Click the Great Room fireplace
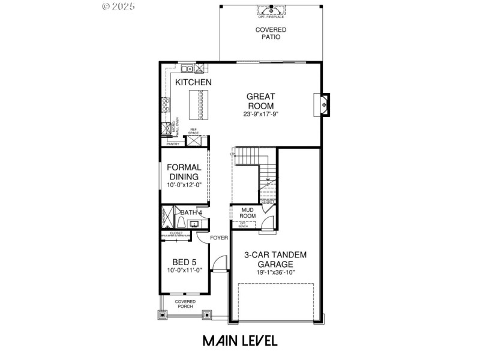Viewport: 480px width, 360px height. point(323,105)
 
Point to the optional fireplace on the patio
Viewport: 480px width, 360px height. point(271,11)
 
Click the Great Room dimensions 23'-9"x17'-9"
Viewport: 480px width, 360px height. point(261,114)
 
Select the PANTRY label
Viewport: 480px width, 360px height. point(173,144)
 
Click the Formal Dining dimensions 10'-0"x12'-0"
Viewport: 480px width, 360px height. point(184,185)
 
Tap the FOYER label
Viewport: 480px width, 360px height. point(219,238)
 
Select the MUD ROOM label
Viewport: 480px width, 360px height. point(248,213)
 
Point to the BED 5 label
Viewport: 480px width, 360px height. point(184,262)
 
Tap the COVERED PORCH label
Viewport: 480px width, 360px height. point(185,304)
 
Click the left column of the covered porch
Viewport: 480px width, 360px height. point(161,313)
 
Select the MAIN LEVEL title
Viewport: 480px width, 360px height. point(239,341)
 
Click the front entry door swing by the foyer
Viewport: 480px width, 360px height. point(221,264)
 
